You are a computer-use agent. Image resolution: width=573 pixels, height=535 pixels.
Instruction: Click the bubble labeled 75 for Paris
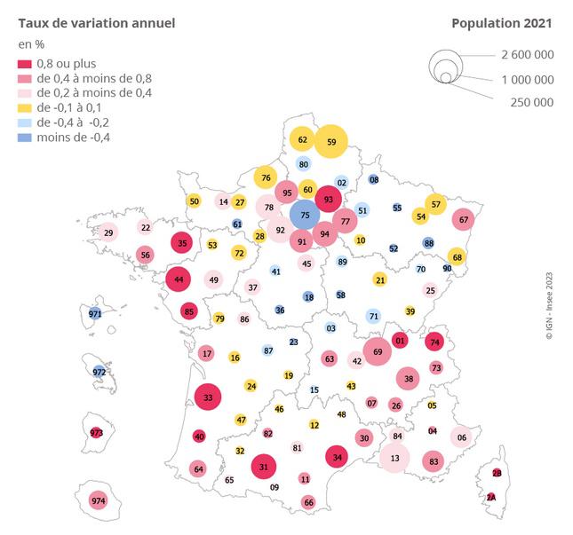click(306, 215)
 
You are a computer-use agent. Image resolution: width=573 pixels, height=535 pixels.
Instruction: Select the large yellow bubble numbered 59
click(331, 141)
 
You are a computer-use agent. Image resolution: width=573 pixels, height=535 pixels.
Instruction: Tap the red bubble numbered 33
click(208, 397)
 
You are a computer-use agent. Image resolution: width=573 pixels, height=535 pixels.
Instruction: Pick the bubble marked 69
click(378, 351)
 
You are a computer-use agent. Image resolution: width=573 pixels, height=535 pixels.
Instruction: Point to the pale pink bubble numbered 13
click(394, 458)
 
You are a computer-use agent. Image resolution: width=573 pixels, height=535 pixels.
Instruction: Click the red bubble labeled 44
click(179, 279)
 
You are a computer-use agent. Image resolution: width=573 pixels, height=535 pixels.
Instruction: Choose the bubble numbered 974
click(98, 501)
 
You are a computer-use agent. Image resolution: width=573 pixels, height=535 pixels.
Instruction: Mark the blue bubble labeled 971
click(96, 313)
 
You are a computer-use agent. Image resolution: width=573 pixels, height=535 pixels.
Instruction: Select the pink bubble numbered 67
click(464, 219)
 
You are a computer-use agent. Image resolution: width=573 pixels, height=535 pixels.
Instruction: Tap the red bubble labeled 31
click(264, 466)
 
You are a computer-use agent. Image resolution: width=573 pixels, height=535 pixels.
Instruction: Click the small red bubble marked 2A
click(490, 498)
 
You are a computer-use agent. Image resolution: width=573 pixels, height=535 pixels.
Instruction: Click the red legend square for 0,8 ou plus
click(23, 63)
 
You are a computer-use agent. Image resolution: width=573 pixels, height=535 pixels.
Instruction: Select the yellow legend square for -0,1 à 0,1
click(23, 107)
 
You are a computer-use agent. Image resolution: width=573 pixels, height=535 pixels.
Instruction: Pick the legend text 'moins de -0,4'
click(76, 137)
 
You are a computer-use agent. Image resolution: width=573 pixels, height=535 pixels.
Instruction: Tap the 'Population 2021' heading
click(502, 22)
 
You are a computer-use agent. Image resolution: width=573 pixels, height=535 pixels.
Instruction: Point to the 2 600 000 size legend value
click(528, 54)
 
